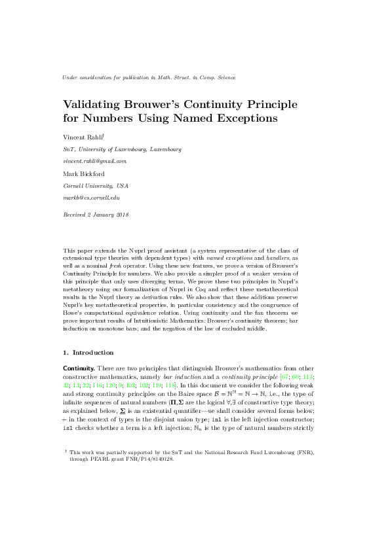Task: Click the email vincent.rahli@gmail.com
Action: coord(94,161)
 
